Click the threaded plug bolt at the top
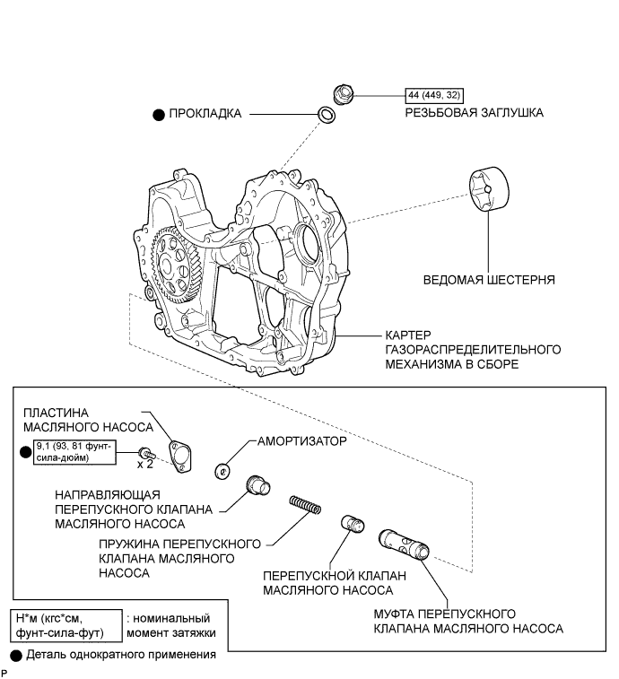tap(344, 94)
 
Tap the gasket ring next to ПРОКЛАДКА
tap(327, 114)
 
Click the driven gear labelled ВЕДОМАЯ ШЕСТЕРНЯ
tap(489, 189)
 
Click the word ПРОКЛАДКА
tap(205, 113)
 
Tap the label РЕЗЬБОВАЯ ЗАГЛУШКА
tap(474, 113)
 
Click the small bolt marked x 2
tap(147, 454)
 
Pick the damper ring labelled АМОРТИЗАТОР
tap(222, 471)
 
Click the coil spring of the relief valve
tap(305, 505)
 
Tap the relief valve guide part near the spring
tap(258, 485)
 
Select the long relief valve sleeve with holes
tap(405, 544)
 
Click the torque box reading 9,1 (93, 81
tap(75, 452)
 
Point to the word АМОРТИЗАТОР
tap(302, 441)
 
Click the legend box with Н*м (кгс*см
tap(66, 625)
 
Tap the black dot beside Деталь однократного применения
tap(16, 656)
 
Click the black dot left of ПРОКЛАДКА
tap(159, 115)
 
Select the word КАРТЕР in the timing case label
tap(408, 335)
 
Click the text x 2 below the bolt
tap(145, 465)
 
